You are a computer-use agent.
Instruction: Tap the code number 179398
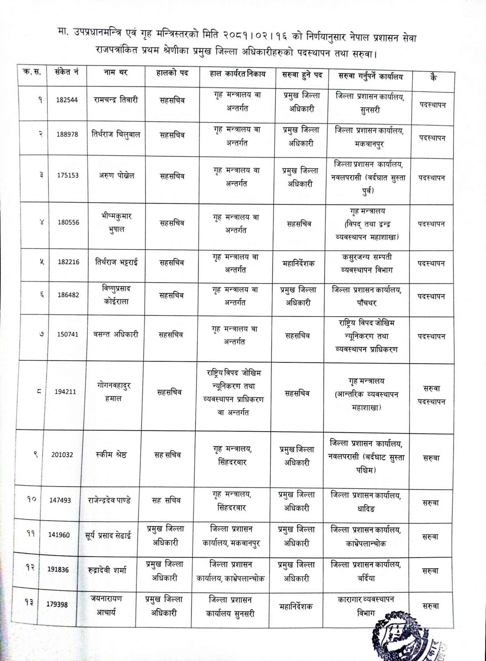(57, 604)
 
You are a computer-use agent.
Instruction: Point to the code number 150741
(68, 335)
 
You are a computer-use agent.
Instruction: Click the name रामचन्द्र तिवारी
(114, 100)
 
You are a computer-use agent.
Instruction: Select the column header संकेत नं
(67, 72)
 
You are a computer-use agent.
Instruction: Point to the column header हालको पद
(172, 73)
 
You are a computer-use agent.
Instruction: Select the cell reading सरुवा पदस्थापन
(432, 395)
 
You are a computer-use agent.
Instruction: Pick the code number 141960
(59, 535)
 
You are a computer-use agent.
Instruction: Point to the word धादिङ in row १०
(366, 509)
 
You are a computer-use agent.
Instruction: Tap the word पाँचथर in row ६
(366, 303)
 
